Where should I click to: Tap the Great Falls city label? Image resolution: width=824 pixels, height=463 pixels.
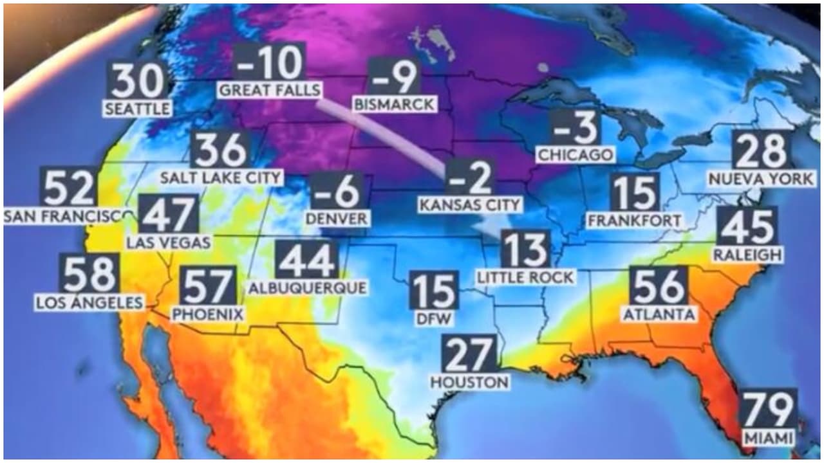point(269,90)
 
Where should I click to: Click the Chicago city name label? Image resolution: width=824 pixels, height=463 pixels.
point(576,154)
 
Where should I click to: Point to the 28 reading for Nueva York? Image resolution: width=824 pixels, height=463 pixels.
point(763,150)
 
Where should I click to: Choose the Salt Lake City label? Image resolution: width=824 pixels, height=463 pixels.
point(221,177)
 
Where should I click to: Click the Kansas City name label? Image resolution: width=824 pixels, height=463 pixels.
point(469,205)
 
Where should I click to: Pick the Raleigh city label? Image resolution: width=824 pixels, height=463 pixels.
point(747,255)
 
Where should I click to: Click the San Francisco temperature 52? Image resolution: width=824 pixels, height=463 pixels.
point(70,187)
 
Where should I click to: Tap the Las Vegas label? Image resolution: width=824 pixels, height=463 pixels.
point(169,242)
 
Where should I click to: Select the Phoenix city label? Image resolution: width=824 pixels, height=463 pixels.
point(208,314)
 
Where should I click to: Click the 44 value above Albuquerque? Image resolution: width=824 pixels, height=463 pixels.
point(307,260)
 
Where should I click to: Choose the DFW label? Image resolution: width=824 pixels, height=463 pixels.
point(435,318)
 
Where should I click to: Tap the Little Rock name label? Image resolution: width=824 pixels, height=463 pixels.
point(525,277)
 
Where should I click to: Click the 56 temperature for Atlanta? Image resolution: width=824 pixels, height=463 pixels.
point(658,286)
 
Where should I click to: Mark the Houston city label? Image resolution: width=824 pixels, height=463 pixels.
point(469,382)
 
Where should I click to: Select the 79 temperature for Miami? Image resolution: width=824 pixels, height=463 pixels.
point(769,410)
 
